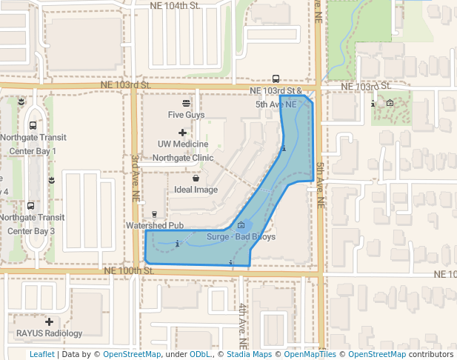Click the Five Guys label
coord(186,115)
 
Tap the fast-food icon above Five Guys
coord(186,103)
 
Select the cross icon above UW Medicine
coord(183,132)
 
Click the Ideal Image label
coord(196,190)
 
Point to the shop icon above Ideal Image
coord(196,179)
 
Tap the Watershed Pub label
coord(155,224)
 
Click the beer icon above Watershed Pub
coord(155,214)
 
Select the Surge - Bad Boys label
coord(241,237)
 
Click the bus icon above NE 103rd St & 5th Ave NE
coord(276,79)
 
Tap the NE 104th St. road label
coord(175,5)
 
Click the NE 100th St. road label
coord(128,271)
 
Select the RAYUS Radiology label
coord(49,333)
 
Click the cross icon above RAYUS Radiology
coord(49,322)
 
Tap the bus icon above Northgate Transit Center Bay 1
coord(33,126)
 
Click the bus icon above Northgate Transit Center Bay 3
coord(30,206)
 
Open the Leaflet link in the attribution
coord(41,355)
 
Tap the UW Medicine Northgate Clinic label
coord(183,150)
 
